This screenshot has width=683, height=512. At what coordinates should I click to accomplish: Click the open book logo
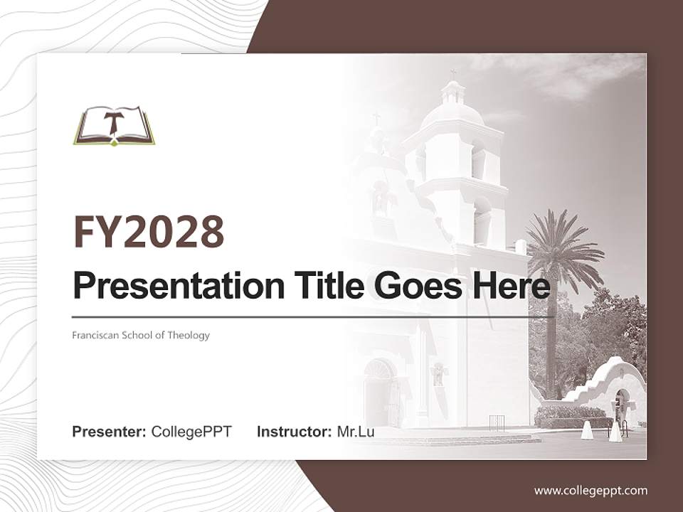pyautogui.click(x=114, y=126)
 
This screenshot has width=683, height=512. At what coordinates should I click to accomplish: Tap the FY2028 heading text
pyautogui.click(x=149, y=232)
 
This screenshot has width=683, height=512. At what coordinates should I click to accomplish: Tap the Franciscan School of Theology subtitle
pyautogui.click(x=141, y=335)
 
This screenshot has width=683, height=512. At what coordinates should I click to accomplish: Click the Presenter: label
pyautogui.click(x=110, y=432)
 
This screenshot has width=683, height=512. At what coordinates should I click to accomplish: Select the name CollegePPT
pyautogui.click(x=191, y=432)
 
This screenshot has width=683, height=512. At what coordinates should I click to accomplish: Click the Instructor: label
pyautogui.click(x=294, y=432)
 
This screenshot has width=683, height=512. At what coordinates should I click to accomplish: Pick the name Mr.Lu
pyautogui.click(x=356, y=432)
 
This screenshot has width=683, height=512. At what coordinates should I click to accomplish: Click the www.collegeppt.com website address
pyautogui.click(x=591, y=490)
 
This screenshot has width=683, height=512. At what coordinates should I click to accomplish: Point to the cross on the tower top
pyautogui.click(x=452, y=73)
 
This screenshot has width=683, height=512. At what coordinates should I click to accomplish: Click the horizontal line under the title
pyautogui.click(x=313, y=316)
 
